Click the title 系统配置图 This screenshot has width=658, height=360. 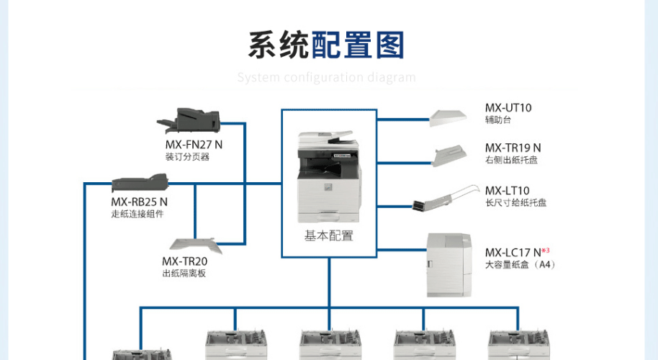(326, 45)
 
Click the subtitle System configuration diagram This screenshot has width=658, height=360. (326, 77)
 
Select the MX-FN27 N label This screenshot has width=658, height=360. (194, 144)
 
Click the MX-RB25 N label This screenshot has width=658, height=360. (139, 202)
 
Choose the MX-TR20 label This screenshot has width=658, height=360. (184, 261)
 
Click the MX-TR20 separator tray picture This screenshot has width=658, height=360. (193, 246)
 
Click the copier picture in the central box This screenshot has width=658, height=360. (328, 176)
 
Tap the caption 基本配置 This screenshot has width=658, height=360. (329, 235)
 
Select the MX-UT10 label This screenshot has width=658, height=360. (508, 108)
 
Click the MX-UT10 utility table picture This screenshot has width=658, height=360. (453, 117)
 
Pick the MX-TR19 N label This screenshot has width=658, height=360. (513, 148)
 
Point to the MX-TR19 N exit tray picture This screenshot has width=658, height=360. (452, 154)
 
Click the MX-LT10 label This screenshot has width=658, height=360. (508, 191)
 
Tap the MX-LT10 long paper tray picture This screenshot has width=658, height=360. (444, 197)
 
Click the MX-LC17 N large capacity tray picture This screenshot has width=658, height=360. (449, 264)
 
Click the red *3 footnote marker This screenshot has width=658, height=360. (546, 250)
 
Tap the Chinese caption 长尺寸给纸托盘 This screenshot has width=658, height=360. (515, 203)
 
